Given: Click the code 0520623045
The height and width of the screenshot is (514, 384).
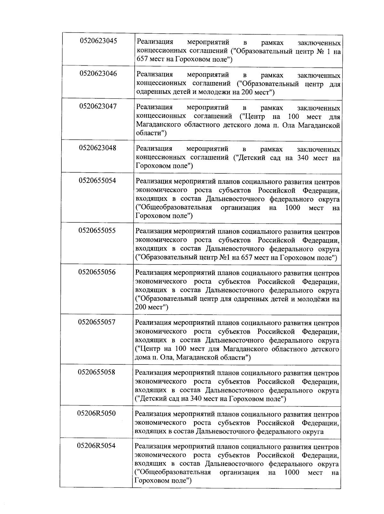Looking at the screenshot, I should pos(98,41).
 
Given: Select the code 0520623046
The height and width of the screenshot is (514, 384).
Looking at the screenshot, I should pos(98,74).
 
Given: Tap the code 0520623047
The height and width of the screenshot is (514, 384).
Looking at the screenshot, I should pos(98,106).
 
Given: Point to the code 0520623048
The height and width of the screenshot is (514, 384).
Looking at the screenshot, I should pos(98,148).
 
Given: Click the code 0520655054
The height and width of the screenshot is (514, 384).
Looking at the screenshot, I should pos(97,181).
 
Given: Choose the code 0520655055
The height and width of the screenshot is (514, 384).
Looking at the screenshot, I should pos(97,231).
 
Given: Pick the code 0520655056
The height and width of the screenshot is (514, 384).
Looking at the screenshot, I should pos(97,272).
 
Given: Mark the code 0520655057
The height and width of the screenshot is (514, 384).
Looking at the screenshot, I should pos(97,322).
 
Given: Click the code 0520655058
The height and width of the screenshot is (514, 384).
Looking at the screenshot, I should pos(97,372).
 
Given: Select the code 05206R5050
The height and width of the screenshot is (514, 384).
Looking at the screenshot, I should pos(96,413).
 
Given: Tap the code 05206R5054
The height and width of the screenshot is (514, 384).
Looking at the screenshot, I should pos(96,446).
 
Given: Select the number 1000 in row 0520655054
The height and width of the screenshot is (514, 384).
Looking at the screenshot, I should pos(293,208).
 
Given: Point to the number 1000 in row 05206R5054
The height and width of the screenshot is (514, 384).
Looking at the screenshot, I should pos(292,472).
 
